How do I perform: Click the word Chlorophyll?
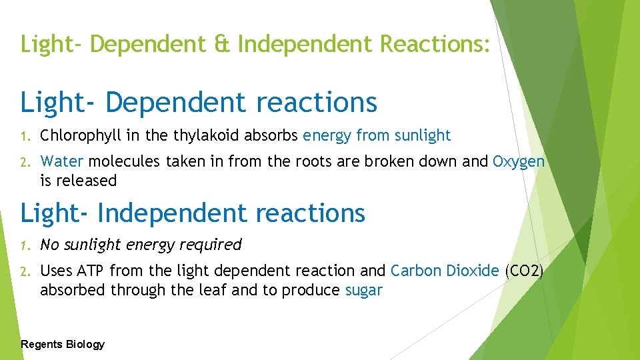[80, 136]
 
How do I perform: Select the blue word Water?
[62, 161]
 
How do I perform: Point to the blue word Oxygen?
[519, 161]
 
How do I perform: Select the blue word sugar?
[364, 290]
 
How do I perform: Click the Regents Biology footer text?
[63, 344]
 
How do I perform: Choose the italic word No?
[49, 245]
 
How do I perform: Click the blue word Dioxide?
[473, 271]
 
